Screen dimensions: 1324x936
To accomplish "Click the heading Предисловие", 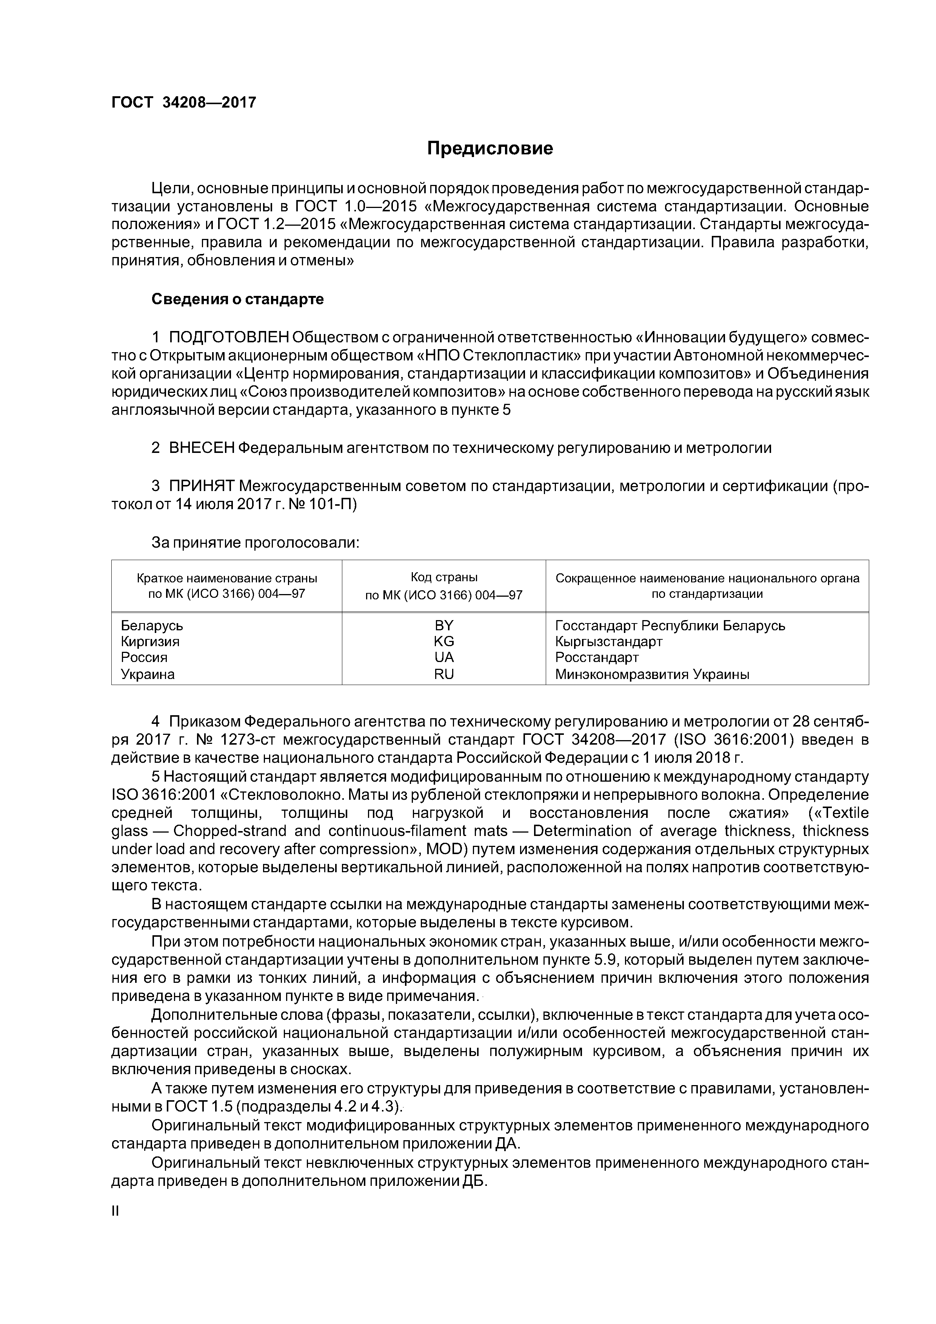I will pos(490,149).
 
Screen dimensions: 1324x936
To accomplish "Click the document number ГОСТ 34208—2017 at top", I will pos(183,103).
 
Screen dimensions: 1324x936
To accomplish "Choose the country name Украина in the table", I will pos(148,674).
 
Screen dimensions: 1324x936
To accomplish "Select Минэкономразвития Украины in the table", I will pos(652,674).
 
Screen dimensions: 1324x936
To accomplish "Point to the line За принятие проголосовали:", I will pos(255,543).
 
